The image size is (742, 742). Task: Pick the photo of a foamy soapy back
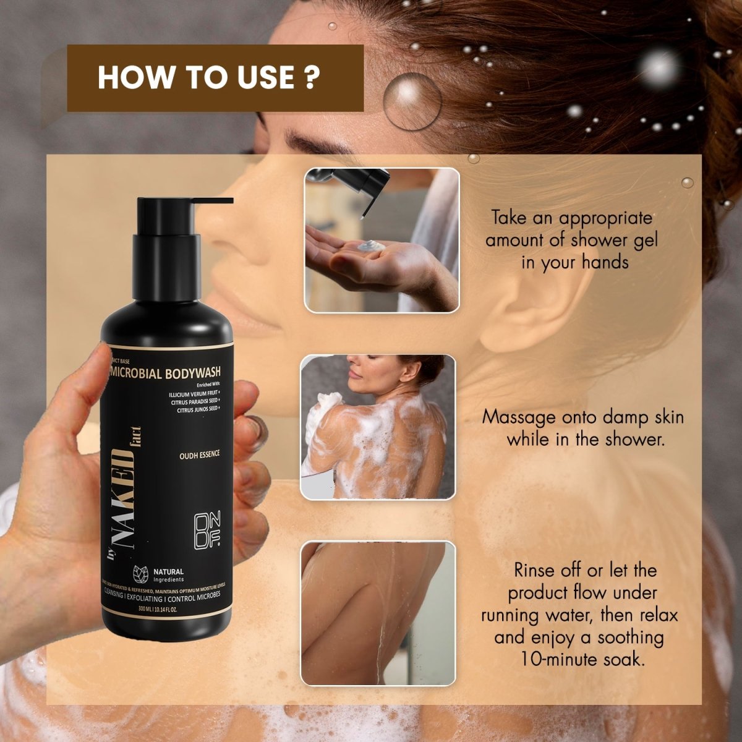(378, 427)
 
